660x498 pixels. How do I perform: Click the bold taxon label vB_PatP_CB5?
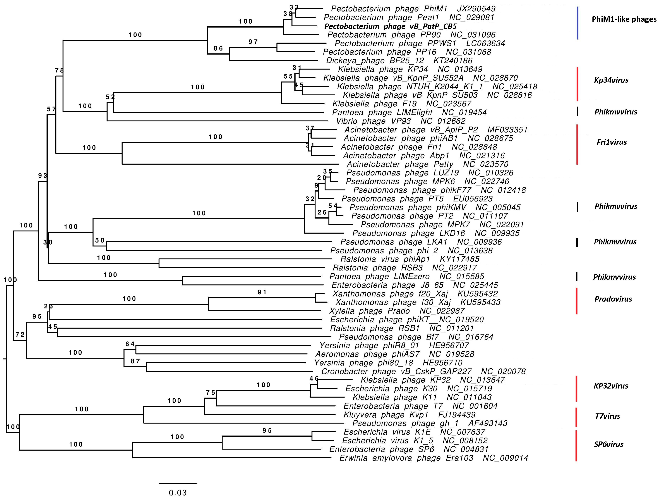390,26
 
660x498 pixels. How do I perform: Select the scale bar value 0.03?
178,492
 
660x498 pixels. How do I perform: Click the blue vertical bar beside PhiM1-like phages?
578,23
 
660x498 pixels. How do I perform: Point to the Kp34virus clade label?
611,80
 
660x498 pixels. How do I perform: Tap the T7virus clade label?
607,416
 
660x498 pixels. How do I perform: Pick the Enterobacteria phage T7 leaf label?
393,406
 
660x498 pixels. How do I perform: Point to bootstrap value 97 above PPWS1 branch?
253,42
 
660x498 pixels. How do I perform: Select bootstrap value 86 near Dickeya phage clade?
218,48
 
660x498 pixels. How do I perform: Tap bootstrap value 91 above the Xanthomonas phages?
262,292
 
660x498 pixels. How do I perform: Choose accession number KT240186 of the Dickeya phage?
453,61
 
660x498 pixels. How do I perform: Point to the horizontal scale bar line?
178,483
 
